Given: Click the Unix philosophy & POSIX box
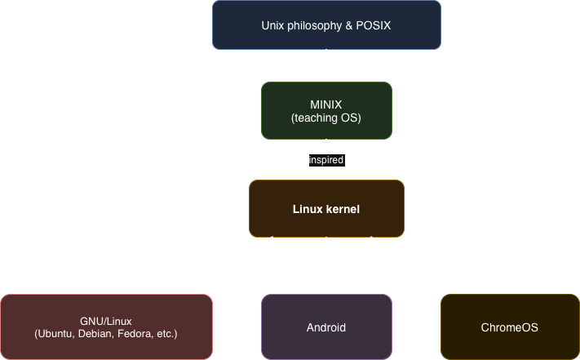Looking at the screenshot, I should click(x=326, y=24).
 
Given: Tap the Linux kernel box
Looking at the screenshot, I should click(x=326, y=209).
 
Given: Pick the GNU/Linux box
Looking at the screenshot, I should click(x=106, y=327).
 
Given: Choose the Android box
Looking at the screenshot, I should click(x=326, y=327).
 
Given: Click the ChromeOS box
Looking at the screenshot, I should click(x=510, y=327).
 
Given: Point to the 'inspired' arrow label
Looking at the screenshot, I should click(x=326, y=160).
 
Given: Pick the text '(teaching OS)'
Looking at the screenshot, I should click(x=326, y=118).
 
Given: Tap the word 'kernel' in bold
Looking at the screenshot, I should click(x=343, y=209).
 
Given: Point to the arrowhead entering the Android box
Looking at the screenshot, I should click(x=326, y=289).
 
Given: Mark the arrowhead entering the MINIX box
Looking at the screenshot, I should click(x=326, y=77).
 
